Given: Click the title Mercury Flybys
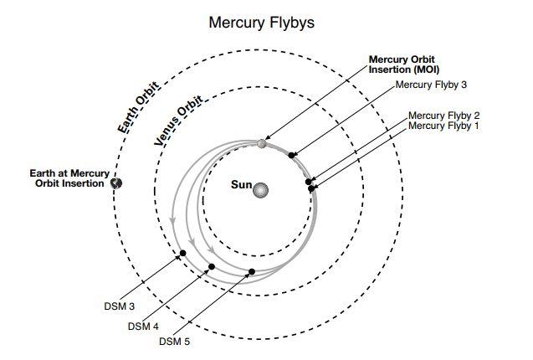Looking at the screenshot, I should (x=261, y=23).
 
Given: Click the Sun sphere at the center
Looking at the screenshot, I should (x=262, y=191).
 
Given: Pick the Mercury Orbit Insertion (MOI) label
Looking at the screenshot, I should (x=405, y=64).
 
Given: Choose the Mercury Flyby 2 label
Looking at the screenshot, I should (x=443, y=115).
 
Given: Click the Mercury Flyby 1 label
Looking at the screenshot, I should (x=443, y=126).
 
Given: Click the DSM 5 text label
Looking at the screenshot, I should (x=175, y=341).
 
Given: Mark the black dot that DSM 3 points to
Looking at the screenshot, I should (x=182, y=254).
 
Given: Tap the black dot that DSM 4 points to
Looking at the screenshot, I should (x=212, y=267).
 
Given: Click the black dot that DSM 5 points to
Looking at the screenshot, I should (x=252, y=271).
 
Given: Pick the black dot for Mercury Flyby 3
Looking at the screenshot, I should (x=292, y=155).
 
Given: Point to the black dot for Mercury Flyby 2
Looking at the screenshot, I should (x=309, y=181).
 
